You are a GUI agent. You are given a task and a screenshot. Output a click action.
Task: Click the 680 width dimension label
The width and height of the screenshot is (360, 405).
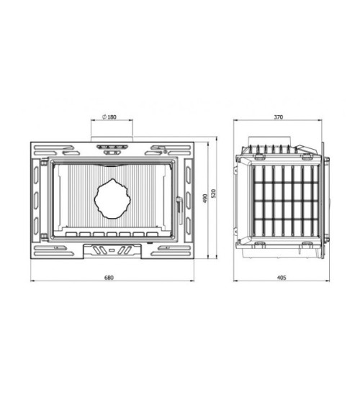(109, 278)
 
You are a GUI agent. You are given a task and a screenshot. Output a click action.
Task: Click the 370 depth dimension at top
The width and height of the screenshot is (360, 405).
(279, 117)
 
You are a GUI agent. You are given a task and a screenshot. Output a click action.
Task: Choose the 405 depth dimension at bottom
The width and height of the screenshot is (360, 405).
(281, 278)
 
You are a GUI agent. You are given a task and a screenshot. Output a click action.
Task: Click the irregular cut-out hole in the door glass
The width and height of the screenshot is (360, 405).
(113, 198)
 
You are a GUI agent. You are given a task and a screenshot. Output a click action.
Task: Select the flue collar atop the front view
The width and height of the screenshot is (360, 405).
(111, 136)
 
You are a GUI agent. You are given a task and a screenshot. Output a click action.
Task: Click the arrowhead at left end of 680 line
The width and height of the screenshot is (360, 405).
(32, 282)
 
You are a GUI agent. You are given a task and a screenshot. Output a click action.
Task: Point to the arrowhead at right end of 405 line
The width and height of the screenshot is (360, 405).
(328, 282)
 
